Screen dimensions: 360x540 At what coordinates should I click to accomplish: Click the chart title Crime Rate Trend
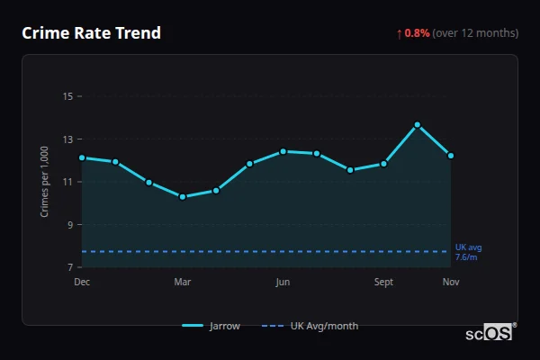(x=91, y=33)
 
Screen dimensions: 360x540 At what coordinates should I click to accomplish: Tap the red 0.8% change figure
(x=417, y=33)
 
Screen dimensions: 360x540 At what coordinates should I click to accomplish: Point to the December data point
(x=82, y=157)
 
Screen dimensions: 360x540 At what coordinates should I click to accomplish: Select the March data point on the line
(x=183, y=196)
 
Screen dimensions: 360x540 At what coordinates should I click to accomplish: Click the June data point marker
(x=283, y=151)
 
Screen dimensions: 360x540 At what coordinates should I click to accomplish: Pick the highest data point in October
(x=418, y=124)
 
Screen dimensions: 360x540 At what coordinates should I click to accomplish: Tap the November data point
(x=451, y=156)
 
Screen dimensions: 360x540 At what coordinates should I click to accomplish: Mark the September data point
(x=384, y=164)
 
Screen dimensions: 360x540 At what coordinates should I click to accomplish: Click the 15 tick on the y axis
(x=67, y=96)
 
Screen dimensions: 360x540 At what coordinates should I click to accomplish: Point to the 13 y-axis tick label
(x=67, y=139)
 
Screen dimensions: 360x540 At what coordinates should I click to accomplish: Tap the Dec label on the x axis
(x=82, y=283)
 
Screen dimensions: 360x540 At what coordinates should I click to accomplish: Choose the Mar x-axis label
(x=183, y=283)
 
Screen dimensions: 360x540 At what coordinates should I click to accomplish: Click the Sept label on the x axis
(x=384, y=283)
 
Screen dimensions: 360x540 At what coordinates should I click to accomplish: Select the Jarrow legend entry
(x=212, y=326)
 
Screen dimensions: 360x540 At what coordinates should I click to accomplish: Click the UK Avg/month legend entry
(x=310, y=326)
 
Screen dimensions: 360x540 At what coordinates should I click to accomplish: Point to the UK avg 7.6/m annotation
(x=468, y=252)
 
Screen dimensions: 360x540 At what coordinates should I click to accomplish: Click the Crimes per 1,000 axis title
(x=45, y=183)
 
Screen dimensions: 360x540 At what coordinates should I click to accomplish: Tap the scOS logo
(x=490, y=332)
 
